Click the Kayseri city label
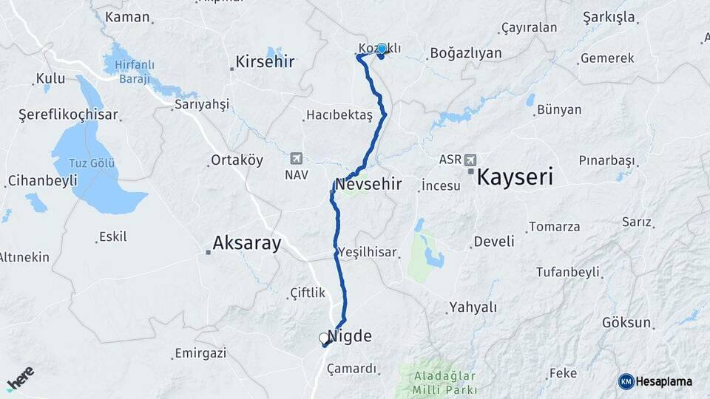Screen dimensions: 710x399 (515, 177)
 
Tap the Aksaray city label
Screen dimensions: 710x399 (246, 243)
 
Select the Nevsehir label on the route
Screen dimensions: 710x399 (368, 184)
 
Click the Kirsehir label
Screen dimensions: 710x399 (265, 62)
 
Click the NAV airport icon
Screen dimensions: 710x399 (297, 158)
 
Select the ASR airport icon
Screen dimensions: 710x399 (471, 159)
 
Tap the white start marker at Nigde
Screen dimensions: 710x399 (323, 338)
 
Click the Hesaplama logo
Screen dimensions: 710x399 (655, 381)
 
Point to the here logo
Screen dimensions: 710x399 (20, 379)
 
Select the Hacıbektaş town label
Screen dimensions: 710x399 (340, 115)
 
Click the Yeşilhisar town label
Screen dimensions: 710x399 (368, 252)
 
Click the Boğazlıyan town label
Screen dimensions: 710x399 (465, 53)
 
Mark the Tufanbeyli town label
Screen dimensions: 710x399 (568, 272)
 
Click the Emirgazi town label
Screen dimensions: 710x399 (200, 353)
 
